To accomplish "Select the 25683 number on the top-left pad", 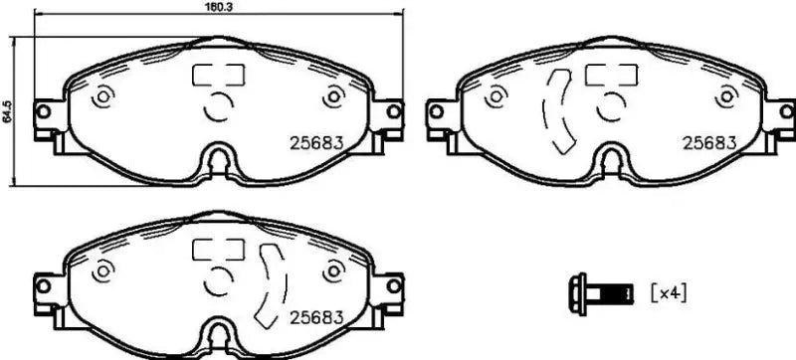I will tap(315, 142).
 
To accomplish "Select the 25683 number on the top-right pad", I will tap(708, 142).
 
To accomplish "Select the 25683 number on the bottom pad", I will tap(315, 318).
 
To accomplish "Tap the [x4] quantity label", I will tap(669, 293).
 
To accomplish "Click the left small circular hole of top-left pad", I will tap(101, 98).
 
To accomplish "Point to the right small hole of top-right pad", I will tap(726, 98).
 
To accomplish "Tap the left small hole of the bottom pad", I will tap(101, 270).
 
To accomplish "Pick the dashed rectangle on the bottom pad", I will tap(218, 249).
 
